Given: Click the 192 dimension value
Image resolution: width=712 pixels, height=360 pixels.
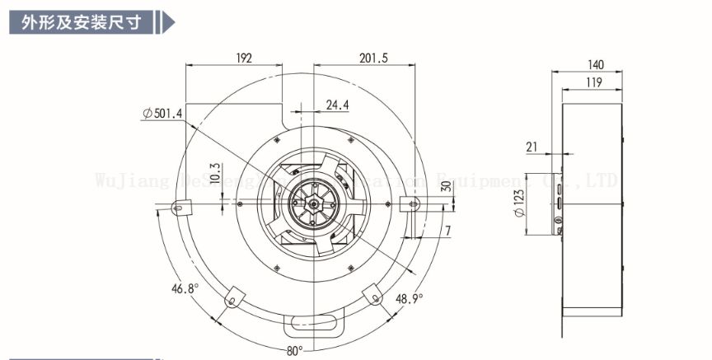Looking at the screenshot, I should pyautogui.click(x=244, y=58).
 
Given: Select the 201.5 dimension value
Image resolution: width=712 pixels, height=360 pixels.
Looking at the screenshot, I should pyautogui.click(x=374, y=58).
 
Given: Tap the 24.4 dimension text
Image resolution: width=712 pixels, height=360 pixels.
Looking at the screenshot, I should pyautogui.click(x=336, y=105).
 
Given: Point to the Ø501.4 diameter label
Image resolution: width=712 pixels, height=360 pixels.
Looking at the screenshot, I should pyautogui.click(x=162, y=113).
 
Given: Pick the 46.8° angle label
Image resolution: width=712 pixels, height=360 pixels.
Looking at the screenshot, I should pyautogui.click(x=185, y=288).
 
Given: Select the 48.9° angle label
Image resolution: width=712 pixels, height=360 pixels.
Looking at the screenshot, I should pyautogui.click(x=409, y=298).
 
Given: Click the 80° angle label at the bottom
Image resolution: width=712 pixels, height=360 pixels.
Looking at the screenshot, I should pyautogui.click(x=295, y=351).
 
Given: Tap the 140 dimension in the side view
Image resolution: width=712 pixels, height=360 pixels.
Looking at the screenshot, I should pyautogui.click(x=596, y=64).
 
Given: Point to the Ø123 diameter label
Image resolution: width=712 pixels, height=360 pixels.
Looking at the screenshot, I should pyautogui.click(x=519, y=203).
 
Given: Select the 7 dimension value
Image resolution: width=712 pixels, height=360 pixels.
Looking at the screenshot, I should pyautogui.click(x=447, y=231).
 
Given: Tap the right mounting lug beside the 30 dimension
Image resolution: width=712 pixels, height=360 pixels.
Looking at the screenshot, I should pyautogui.click(x=409, y=203).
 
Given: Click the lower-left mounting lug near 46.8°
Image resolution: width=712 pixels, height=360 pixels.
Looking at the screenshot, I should pyautogui.click(x=233, y=293).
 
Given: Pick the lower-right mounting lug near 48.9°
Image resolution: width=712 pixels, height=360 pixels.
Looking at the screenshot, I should pyautogui.click(x=372, y=293).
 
